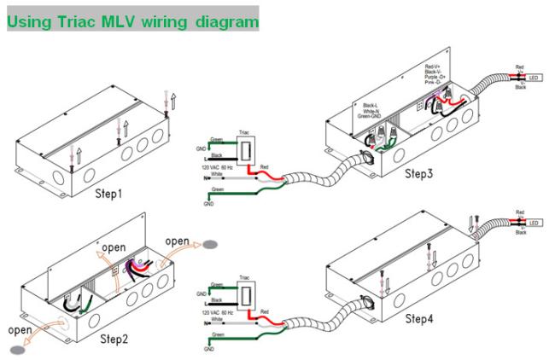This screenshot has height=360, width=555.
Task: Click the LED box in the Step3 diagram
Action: (535, 78)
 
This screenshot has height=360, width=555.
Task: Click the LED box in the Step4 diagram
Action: (535, 223)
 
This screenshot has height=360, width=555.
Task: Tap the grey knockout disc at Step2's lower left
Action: (16, 350)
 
